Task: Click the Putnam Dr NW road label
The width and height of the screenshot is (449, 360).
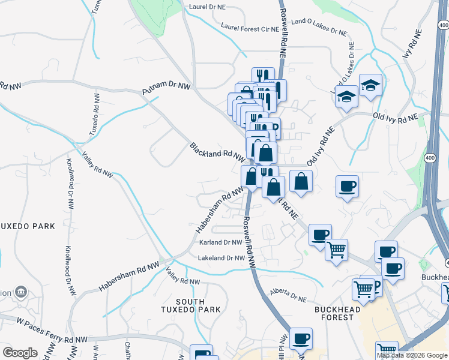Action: [166, 89]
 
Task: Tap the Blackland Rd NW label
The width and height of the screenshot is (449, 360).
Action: [217, 154]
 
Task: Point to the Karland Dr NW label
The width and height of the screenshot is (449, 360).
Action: [221, 243]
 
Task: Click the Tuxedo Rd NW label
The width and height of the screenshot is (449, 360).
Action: [94, 114]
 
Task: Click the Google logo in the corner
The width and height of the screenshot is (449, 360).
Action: [20, 353]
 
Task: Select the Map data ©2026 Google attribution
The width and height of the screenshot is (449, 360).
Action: [412, 355]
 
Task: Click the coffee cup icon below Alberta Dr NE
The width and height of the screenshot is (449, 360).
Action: [301, 338]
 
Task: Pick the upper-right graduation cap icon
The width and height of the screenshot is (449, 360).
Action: [371, 85]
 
